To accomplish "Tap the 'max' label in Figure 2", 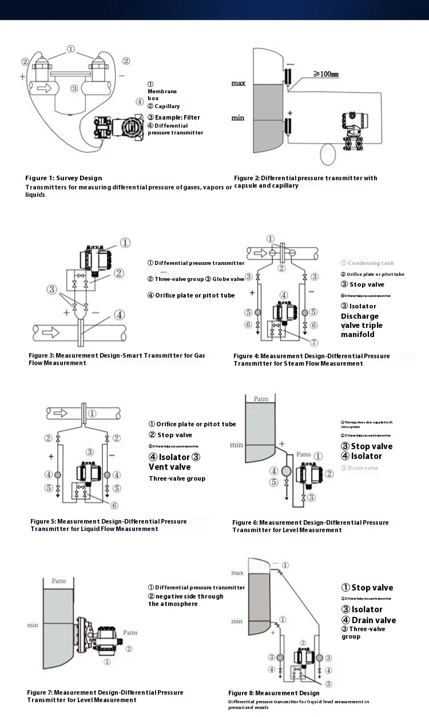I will click(238, 83).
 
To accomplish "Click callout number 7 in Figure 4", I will click(313, 342).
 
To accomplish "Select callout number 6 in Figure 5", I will click(114, 505).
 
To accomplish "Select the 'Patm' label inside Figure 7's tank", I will click(58, 581).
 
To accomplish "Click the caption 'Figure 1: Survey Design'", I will click(63, 178).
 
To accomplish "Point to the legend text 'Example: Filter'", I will click(174, 117).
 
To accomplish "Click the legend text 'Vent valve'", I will click(170, 467).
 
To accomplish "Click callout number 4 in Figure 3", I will click(118, 314).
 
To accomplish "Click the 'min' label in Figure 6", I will click(236, 444).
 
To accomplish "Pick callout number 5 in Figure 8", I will click(328, 683).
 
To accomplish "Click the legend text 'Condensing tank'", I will click(367, 263).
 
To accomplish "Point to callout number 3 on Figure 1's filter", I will click(74, 88).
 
